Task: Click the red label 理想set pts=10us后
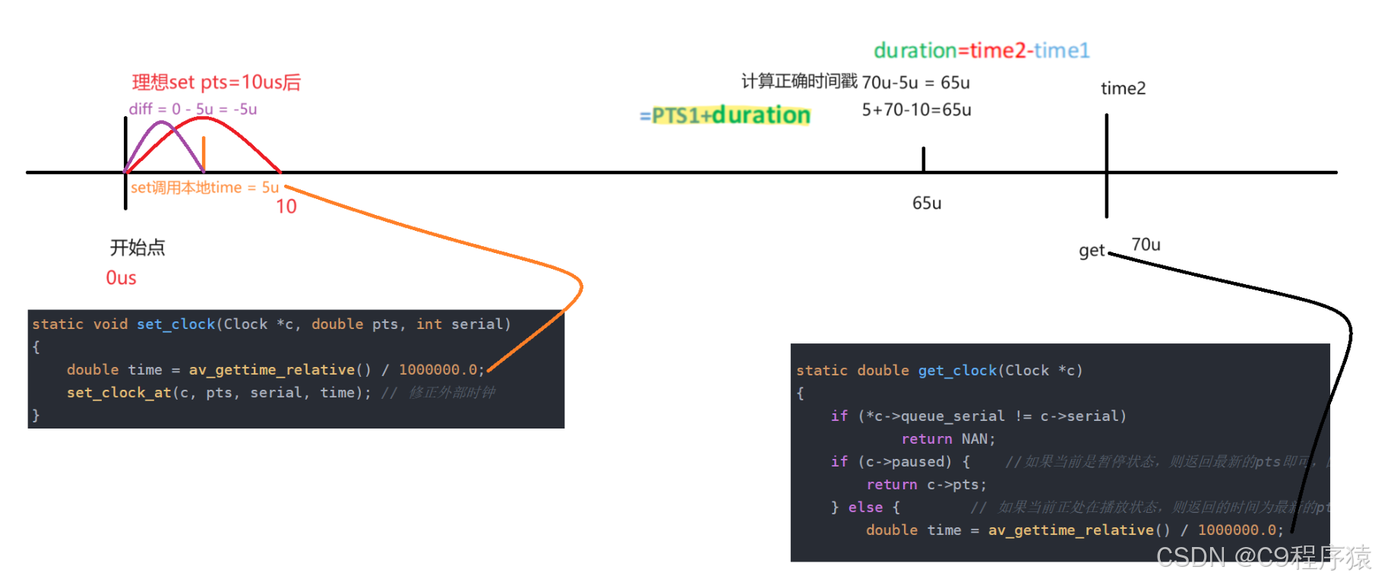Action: (x=217, y=82)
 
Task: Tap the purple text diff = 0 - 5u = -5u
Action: (x=193, y=109)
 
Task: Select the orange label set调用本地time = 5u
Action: (x=204, y=188)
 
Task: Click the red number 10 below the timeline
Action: (x=286, y=207)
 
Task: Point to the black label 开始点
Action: (x=137, y=247)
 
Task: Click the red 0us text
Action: (x=121, y=278)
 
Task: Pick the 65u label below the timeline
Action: (x=927, y=203)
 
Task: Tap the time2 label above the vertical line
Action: (x=1123, y=88)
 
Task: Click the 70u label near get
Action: (x=1146, y=245)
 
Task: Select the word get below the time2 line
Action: (x=1092, y=251)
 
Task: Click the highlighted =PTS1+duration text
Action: (x=725, y=115)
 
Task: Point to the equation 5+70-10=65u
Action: (x=916, y=109)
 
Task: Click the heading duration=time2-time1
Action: (x=981, y=50)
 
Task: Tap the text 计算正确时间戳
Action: (x=799, y=81)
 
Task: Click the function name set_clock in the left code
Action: (x=176, y=324)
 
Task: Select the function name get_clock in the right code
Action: (x=957, y=371)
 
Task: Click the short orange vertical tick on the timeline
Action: (x=204, y=153)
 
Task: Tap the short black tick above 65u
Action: (x=924, y=159)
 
